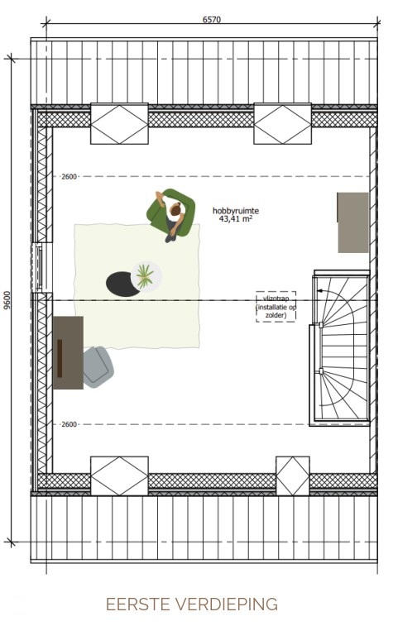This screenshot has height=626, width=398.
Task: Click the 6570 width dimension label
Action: click(x=211, y=19)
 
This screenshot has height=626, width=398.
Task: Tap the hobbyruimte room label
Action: click(x=236, y=211)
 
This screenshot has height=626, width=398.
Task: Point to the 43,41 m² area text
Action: click(x=236, y=218)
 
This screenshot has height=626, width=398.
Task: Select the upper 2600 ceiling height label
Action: click(x=69, y=176)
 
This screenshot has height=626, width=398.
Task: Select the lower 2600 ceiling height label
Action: click(x=69, y=424)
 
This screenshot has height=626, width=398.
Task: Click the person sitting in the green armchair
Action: click(x=173, y=214)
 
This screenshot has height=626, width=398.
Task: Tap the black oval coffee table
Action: click(x=122, y=284)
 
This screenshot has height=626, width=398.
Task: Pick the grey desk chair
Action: click(x=98, y=367)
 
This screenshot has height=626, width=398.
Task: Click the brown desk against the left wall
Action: click(x=69, y=352)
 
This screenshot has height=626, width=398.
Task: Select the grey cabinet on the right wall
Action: click(x=352, y=222)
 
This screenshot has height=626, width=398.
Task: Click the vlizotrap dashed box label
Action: click(x=276, y=307)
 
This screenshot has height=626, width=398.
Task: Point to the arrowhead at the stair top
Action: click(x=319, y=290)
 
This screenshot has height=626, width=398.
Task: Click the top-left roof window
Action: click(x=119, y=124)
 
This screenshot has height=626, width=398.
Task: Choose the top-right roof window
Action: click(x=282, y=124)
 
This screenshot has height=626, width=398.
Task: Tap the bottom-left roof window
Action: click(x=119, y=476)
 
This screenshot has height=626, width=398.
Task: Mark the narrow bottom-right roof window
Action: click(x=293, y=476)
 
